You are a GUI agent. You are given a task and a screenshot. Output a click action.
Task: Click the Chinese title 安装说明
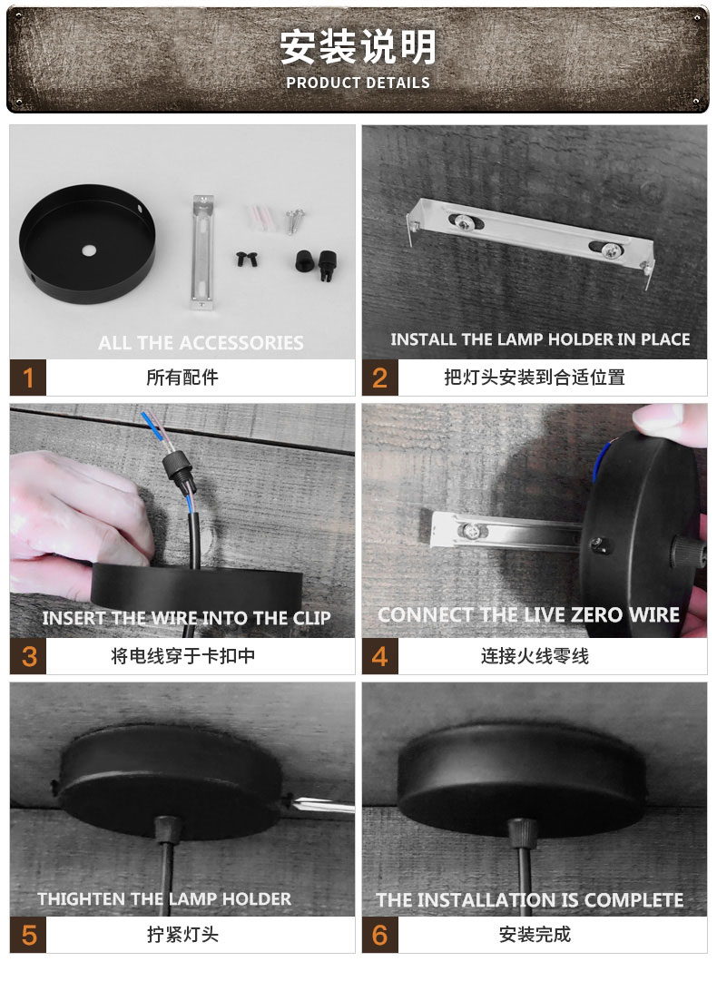click(x=358, y=46)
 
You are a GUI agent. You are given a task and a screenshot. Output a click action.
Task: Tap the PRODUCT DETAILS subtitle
click(x=358, y=83)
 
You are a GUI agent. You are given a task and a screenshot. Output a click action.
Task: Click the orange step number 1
click(x=28, y=377)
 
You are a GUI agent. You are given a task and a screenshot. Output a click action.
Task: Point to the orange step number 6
click(x=379, y=935)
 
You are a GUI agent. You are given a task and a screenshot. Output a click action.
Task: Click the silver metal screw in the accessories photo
click(x=295, y=219)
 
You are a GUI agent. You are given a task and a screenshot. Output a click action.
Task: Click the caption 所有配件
click(x=182, y=377)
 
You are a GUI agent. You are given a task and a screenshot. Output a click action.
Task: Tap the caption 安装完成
click(x=535, y=935)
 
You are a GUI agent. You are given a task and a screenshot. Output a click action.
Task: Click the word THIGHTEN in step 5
click(x=81, y=899)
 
